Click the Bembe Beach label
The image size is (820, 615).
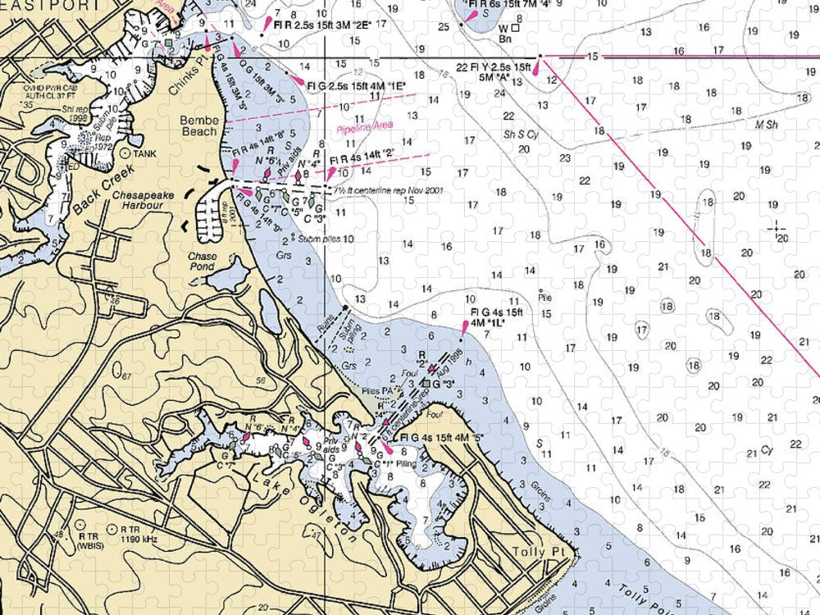[199, 125]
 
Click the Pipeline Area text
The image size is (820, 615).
[364, 127]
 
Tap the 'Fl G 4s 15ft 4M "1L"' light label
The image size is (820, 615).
[497, 318]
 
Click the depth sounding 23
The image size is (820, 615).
[564, 157]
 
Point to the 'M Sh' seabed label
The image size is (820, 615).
[767, 125]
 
